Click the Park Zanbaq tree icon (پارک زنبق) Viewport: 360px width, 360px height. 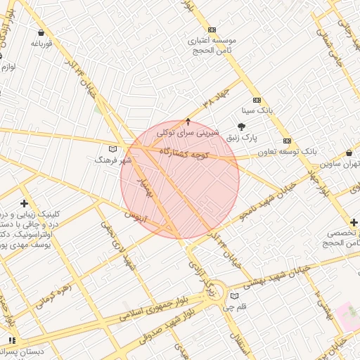(243, 127)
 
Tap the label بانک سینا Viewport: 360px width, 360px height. (256, 111)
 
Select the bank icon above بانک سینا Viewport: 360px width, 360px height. (257, 100)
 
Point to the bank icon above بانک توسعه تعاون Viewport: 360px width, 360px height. (287, 141)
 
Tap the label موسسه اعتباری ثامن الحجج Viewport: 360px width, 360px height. (212, 46)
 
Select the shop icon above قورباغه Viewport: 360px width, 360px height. (41, 32)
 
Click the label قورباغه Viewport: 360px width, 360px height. (41, 44)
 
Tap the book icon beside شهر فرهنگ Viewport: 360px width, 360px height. (113, 149)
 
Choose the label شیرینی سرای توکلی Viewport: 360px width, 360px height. (188, 132)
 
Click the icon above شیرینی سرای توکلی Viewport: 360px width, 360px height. (188, 122)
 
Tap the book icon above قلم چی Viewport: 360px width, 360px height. (234, 296)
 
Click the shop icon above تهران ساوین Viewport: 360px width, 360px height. (349, 153)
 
